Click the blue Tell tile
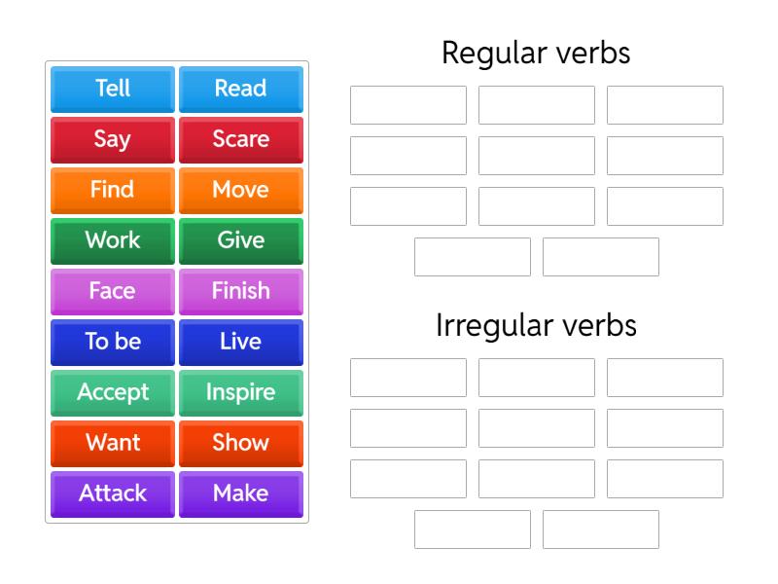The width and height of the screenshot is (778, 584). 113,89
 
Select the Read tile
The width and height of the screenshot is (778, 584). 240,89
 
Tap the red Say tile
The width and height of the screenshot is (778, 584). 113,139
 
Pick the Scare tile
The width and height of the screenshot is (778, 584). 240,139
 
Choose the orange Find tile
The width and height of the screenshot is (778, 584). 113,190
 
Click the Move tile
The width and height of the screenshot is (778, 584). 240,190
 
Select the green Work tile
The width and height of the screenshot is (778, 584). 113,240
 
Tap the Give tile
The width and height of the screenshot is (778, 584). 240,240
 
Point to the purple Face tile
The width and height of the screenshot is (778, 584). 113,291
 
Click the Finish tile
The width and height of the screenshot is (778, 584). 240,291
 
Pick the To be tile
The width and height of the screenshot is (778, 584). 113,342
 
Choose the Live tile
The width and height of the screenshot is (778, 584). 240,342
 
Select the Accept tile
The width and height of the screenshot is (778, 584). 113,392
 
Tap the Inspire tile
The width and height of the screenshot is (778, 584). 240,392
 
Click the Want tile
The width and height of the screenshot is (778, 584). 113,443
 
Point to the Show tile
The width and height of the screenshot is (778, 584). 240,443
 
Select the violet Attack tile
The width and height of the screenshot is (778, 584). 113,493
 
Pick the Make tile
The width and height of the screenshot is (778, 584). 240,493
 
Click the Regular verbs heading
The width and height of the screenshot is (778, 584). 536,54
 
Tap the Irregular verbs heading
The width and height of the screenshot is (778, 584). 536,326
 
